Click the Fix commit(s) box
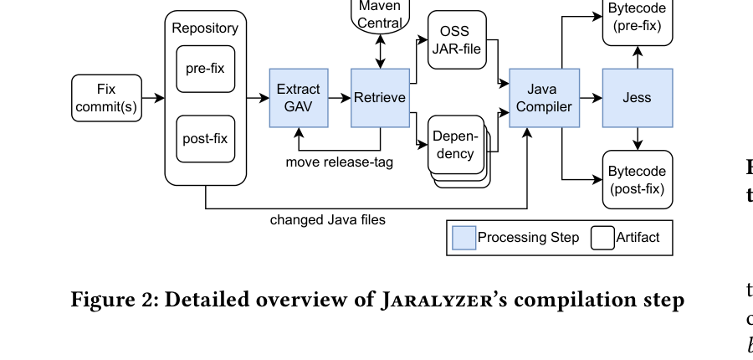click(106, 98)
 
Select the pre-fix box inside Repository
click(205, 69)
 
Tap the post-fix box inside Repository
click(205, 139)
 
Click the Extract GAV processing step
click(298, 98)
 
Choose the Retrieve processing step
click(380, 98)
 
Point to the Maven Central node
click(380, 15)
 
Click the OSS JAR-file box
click(457, 40)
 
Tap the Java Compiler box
click(544, 98)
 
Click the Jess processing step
click(637, 98)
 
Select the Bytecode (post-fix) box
click(637, 179)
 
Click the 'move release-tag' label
click(339, 162)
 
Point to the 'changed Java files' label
click(327, 220)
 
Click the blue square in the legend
click(464, 238)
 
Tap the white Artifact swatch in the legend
click(602, 238)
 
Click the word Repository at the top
click(205, 28)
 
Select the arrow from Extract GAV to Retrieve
click(339, 98)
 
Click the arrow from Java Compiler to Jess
click(591, 98)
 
